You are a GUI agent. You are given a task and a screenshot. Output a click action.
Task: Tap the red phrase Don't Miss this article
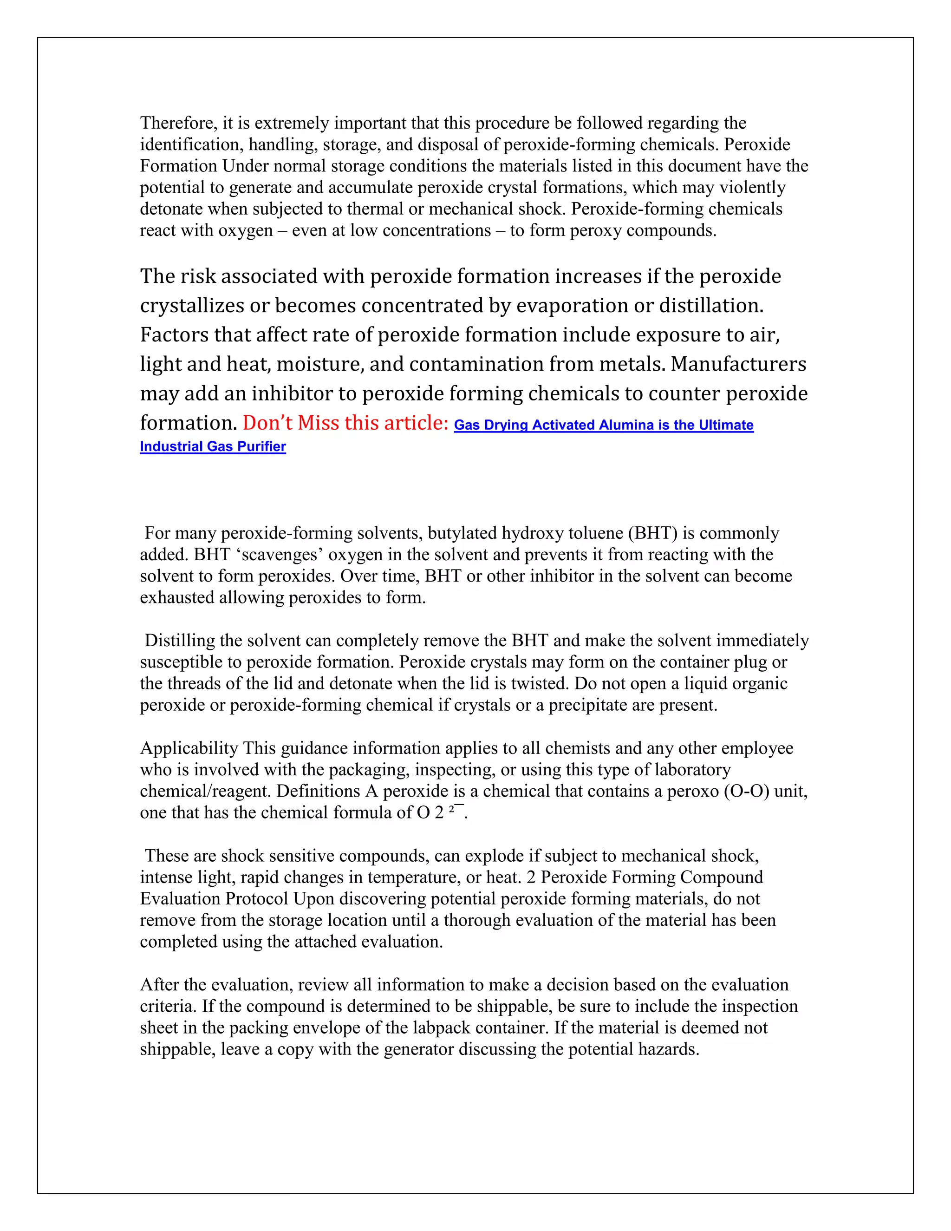click(x=345, y=423)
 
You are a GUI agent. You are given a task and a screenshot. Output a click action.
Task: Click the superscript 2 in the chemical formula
click(x=451, y=809)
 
